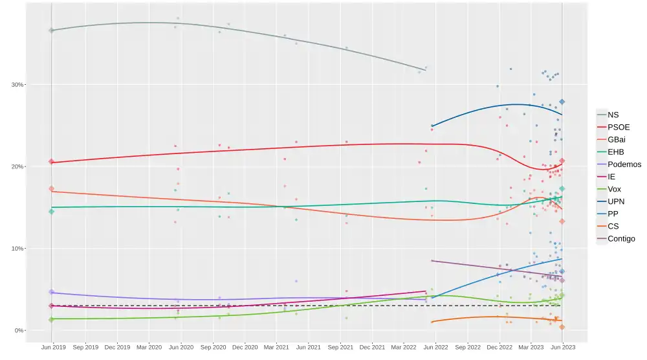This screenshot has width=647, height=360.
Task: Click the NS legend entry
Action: (x=613, y=115)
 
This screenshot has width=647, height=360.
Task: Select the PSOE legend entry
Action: (x=618, y=127)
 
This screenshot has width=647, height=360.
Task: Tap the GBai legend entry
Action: (x=617, y=139)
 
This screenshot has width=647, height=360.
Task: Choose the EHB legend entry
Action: (x=616, y=152)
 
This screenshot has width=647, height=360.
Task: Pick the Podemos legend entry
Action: (x=624, y=164)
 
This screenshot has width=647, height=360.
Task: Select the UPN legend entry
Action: (x=617, y=201)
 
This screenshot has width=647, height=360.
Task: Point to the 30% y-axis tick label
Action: (x=17, y=85)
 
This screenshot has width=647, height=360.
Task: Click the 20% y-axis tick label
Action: (x=17, y=167)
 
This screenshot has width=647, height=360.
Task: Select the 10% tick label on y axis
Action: (x=17, y=249)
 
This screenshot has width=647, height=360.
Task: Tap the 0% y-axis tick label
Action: (x=19, y=331)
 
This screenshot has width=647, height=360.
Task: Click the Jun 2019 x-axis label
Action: (x=53, y=347)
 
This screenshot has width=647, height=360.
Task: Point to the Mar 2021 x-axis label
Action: (x=276, y=347)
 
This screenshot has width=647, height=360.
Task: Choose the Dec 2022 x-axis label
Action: (x=499, y=347)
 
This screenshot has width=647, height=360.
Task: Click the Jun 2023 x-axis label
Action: (x=562, y=347)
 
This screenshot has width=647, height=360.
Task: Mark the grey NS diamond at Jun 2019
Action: (x=51, y=30)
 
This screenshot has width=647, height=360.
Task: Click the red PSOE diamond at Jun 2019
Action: (x=51, y=162)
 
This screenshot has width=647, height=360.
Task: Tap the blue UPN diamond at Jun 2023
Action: (x=562, y=102)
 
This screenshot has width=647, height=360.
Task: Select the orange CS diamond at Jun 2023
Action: (x=562, y=327)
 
